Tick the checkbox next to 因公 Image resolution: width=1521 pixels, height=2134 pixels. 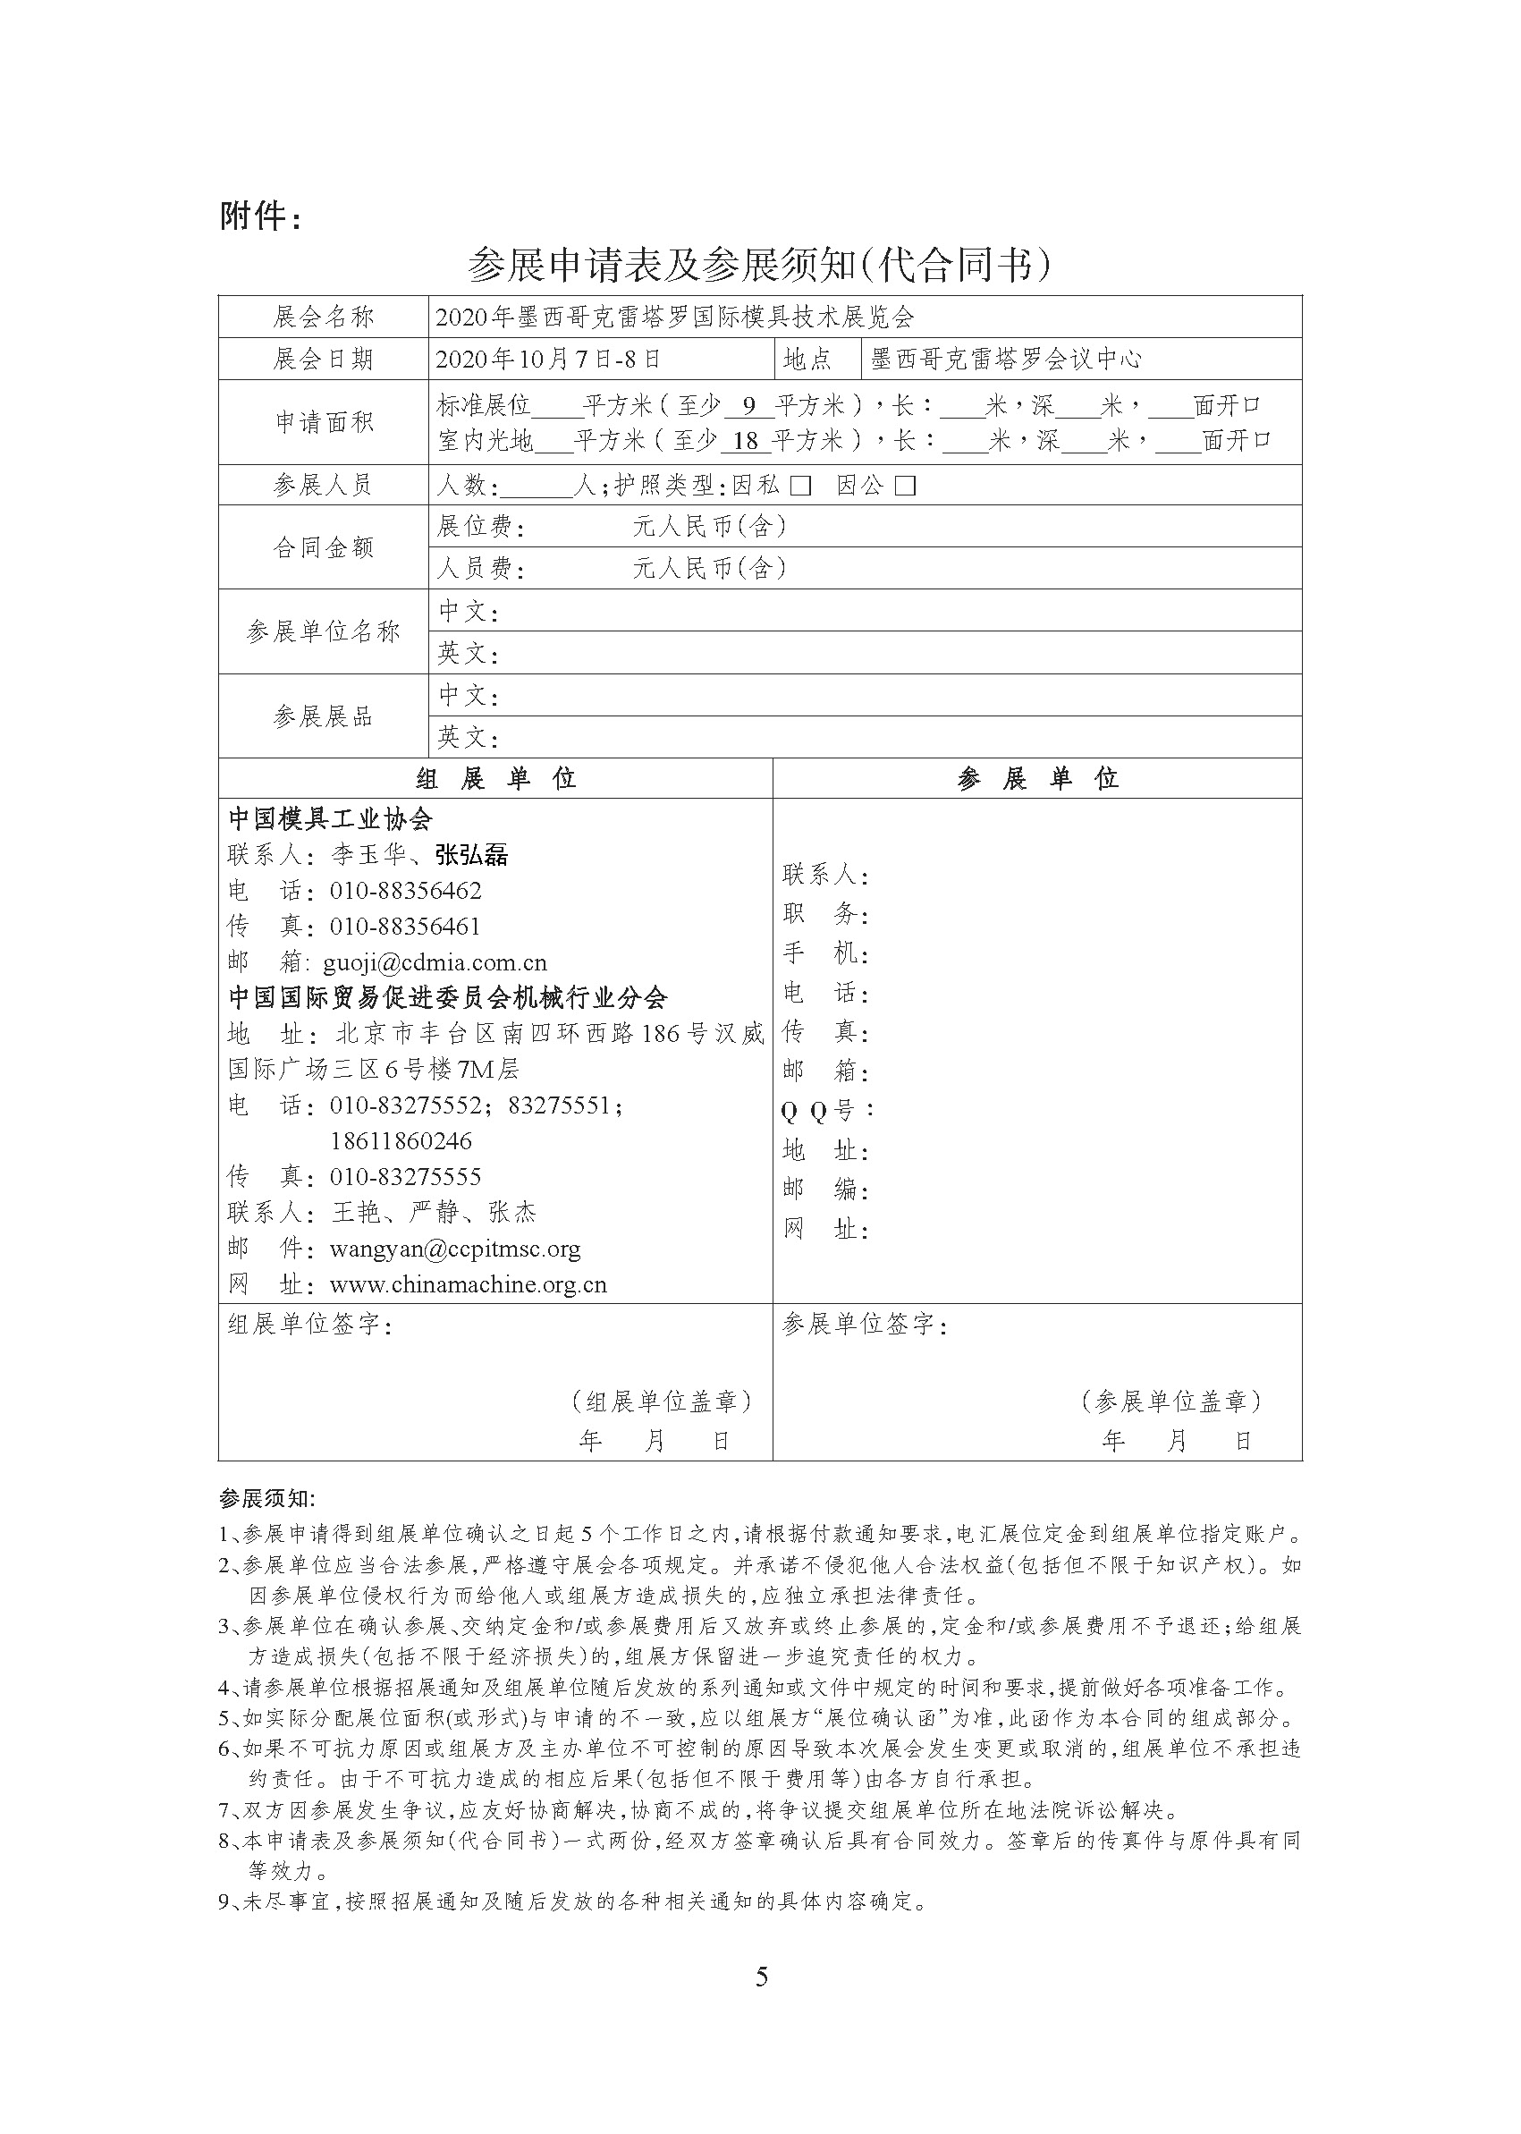point(905,487)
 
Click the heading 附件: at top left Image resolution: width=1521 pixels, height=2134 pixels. point(261,216)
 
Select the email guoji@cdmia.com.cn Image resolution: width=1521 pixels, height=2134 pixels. point(435,962)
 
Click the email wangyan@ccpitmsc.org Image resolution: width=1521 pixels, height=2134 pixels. point(455,1249)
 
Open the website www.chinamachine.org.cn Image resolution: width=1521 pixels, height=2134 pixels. point(469,1284)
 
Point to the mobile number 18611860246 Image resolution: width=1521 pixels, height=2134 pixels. point(401,1141)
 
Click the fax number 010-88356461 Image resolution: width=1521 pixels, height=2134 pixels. point(404,927)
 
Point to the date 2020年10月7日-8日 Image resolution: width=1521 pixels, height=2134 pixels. point(549,359)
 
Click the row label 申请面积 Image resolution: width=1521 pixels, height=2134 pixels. point(324,422)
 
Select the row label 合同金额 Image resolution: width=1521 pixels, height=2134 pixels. point(324,548)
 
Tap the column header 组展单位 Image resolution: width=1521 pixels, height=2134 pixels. point(495,778)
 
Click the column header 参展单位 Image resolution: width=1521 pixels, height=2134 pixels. point(1038,778)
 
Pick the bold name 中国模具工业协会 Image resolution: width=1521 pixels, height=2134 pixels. point(331,818)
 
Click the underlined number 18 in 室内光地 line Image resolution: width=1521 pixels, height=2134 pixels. point(746,440)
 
